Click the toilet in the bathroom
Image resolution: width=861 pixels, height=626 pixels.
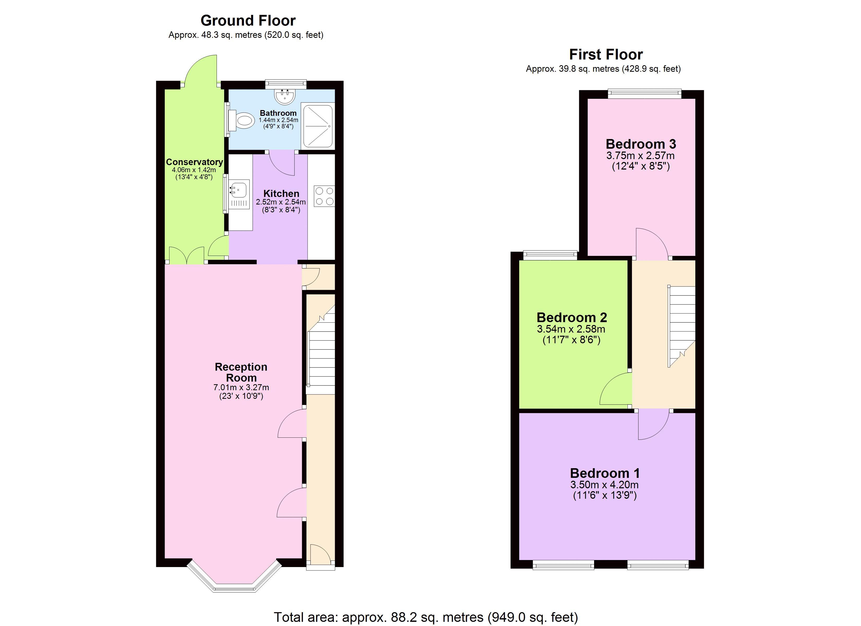click(x=241, y=121)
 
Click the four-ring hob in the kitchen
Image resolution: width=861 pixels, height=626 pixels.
click(x=324, y=196)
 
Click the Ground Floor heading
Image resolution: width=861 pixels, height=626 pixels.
click(x=248, y=20)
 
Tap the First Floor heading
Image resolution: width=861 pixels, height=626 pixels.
click(x=606, y=54)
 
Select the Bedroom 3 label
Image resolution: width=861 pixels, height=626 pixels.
click(x=641, y=144)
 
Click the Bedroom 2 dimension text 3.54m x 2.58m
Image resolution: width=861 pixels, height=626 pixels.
click(x=571, y=329)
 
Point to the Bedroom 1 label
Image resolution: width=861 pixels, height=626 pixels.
click(x=605, y=473)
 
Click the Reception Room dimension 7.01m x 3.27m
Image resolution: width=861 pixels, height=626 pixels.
click(x=241, y=388)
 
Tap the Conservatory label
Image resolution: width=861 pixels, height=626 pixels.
click(x=194, y=162)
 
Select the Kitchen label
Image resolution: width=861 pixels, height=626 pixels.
click(x=281, y=193)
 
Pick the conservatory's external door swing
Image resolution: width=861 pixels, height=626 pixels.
click(x=200, y=70)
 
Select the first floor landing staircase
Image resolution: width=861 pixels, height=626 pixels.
click(x=681, y=327)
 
